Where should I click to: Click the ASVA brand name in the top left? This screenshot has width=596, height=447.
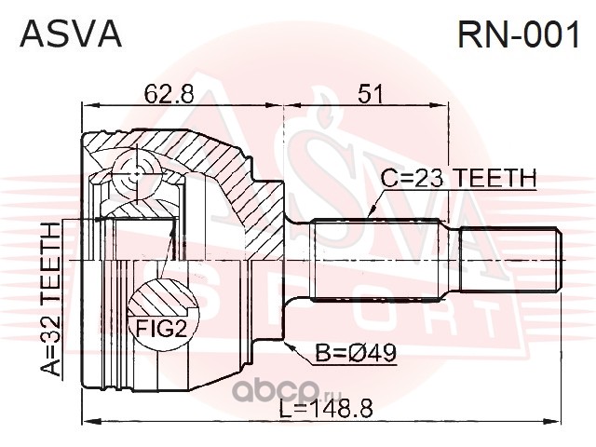(71, 34)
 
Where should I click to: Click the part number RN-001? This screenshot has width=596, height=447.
(519, 34)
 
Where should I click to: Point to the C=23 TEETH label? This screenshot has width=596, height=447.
(459, 178)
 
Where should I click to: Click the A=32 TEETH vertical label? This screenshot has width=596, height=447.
(51, 299)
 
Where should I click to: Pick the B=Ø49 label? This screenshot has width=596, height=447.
(356, 353)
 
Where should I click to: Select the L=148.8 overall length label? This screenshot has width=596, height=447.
(326, 409)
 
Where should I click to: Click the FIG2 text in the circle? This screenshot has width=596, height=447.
(161, 329)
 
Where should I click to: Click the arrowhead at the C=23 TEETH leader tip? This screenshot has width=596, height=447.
(372, 211)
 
